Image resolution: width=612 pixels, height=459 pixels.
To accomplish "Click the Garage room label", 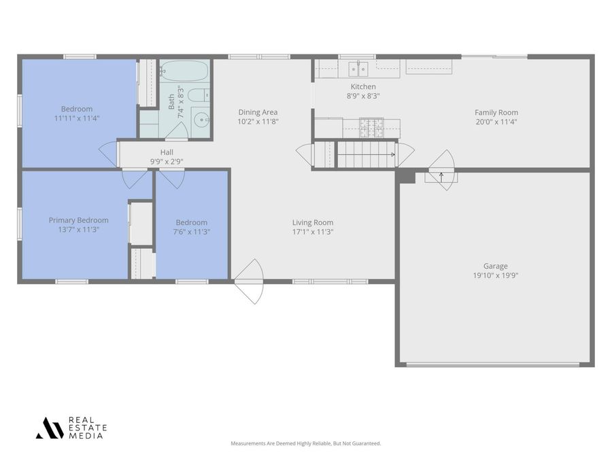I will (x=495, y=267).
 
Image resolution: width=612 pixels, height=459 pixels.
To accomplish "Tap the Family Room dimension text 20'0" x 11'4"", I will (x=496, y=122).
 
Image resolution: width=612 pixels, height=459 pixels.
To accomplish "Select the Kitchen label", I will (x=363, y=87).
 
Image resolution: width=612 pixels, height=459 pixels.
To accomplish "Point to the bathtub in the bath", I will (x=185, y=71).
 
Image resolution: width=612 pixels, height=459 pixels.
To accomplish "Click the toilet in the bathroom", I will (x=199, y=95).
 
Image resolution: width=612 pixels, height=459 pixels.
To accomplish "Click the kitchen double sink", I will (x=358, y=68).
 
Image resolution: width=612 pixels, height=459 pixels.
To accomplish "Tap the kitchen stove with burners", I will (x=371, y=127).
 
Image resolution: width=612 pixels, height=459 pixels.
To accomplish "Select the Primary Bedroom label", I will (x=78, y=220).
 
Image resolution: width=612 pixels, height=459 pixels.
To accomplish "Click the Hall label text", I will (x=167, y=152).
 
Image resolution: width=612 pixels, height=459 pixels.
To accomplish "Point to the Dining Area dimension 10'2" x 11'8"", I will (x=258, y=122).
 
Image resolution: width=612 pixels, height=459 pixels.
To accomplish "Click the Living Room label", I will (x=313, y=222).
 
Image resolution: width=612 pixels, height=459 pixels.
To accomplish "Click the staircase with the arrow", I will (x=367, y=154).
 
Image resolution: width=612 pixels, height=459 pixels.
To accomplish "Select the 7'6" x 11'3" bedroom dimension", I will (x=192, y=232).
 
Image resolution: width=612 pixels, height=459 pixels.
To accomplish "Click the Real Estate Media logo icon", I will (x=50, y=428).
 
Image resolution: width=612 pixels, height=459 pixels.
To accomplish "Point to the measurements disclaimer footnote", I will (x=306, y=443).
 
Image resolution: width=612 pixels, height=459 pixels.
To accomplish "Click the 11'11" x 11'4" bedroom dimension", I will (x=77, y=118).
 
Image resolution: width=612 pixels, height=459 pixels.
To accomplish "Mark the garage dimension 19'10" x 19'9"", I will (x=495, y=275).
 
